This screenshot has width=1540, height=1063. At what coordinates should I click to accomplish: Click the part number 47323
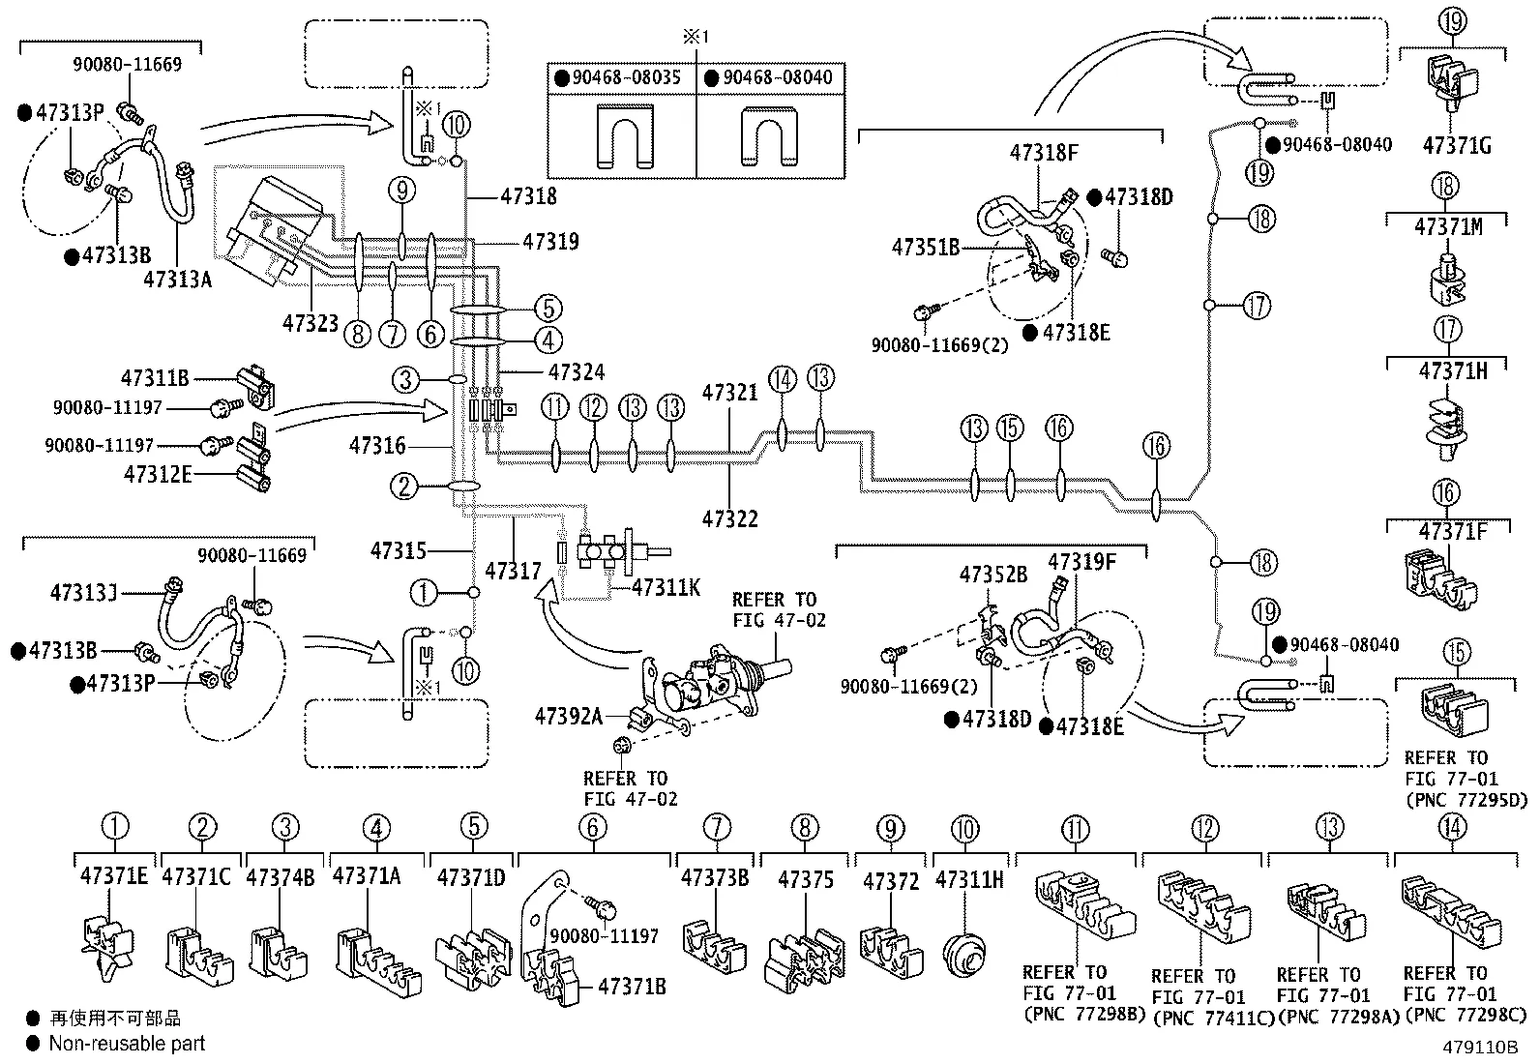(x=311, y=321)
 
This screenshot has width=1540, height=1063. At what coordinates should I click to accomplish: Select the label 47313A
(x=177, y=280)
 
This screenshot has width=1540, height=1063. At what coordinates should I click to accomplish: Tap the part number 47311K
(x=666, y=586)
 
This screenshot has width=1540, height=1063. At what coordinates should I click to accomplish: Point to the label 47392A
(x=569, y=716)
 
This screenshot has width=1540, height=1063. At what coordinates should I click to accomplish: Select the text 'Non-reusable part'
(x=127, y=1043)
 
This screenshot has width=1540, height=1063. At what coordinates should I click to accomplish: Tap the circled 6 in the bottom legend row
(x=593, y=828)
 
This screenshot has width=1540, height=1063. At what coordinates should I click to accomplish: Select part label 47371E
(x=114, y=876)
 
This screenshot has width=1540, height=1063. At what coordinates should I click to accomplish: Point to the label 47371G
(x=1457, y=146)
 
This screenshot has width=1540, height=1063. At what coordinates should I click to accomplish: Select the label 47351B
(x=926, y=248)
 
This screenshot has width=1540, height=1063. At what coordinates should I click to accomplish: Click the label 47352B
(x=992, y=575)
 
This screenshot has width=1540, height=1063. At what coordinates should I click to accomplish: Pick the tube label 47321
(x=730, y=393)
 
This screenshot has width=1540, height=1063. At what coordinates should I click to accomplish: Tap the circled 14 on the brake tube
(x=783, y=379)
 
